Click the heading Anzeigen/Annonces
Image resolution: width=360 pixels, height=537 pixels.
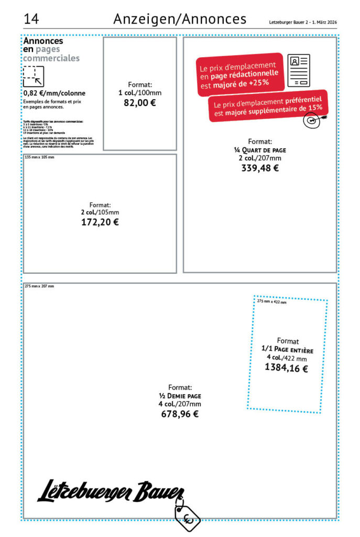(180, 19)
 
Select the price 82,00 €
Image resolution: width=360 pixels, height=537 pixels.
(139, 103)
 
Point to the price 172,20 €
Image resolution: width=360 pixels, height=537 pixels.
(100, 222)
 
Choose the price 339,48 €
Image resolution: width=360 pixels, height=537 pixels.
(260, 168)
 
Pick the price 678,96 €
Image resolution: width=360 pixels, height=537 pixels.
(180, 414)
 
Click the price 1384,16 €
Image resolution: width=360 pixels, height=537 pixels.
(287, 368)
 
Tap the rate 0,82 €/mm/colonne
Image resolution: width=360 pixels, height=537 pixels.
(54, 93)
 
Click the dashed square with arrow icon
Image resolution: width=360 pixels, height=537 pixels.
(33, 76)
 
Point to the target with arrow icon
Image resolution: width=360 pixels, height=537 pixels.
(312, 120)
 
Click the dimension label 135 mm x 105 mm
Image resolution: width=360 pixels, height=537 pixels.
(39, 157)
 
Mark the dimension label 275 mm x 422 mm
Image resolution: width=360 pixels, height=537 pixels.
(272, 302)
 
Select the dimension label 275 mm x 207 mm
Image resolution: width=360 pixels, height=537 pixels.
(39, 286)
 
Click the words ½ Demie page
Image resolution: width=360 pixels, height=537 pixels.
(180, 396)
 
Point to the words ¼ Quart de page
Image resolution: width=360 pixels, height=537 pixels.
(260, 150)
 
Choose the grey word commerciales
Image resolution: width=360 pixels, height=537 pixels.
(51, 58)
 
